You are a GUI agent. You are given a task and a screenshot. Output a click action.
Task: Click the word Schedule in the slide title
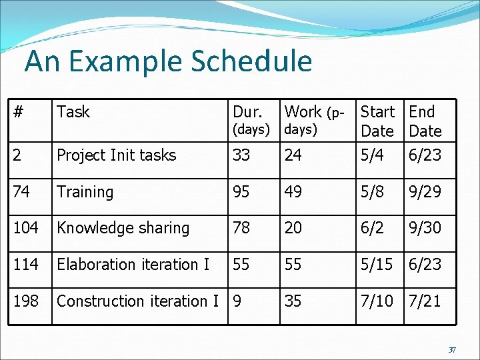coord(251,62)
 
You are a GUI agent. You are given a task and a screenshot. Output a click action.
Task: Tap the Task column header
coord(73,112)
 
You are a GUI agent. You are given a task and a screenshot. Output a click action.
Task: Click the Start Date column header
coord(377,121)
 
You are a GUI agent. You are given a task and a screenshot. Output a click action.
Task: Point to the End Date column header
coord(425,121)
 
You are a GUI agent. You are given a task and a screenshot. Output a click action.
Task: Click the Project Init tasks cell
coord(117,155)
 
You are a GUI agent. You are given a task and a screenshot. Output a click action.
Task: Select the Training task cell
coord(85,192)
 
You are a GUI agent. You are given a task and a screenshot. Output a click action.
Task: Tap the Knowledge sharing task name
coord(123,228)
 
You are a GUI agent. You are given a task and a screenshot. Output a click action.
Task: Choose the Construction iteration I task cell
coord(138,301)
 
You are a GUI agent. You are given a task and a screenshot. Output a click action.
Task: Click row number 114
coord(25,265)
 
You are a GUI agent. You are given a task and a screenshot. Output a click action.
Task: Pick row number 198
coord(25,301)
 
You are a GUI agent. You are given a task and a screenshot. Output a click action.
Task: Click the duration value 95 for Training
coord(241,192)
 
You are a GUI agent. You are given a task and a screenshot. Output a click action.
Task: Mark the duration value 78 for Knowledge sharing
coord(241,228)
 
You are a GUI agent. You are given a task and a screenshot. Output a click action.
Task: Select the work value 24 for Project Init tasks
coord(293,155)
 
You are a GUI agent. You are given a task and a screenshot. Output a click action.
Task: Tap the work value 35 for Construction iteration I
coord(293,301)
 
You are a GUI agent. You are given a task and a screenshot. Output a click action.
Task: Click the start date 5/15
coord(378,265)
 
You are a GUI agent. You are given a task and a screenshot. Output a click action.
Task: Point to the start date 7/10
coord(378,301)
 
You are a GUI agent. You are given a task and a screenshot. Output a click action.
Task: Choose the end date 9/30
coord(425,228)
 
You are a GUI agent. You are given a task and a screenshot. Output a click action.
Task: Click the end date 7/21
coord(425,301)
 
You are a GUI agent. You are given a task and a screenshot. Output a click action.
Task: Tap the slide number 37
coord(452,350)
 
